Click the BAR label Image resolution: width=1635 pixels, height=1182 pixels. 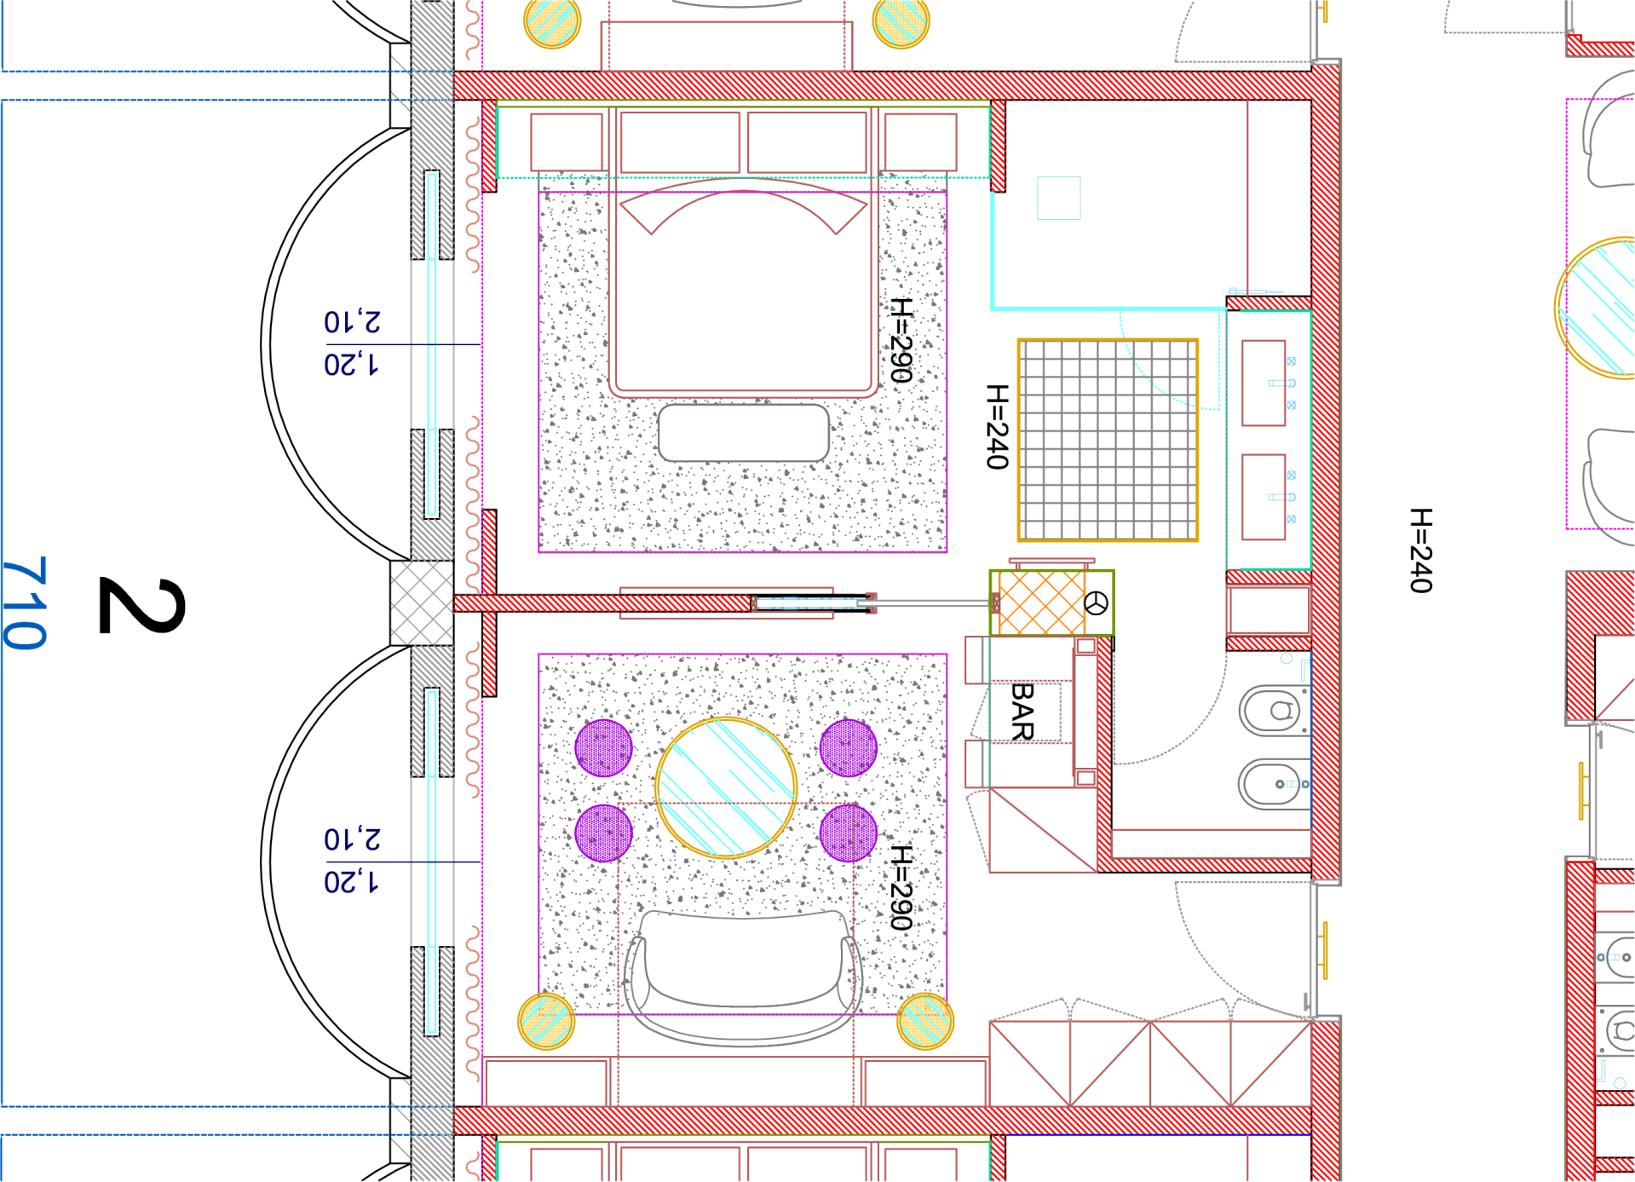click(x=1022, y=711)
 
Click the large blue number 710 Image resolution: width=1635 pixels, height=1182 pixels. click(x=25, y=603)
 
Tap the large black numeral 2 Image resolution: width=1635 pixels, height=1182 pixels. click(x=141, y=605)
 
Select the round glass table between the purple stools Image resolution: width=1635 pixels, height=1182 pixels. click(x=726, y=787)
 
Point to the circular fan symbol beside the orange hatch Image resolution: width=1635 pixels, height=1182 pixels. click(x=1097, y=603)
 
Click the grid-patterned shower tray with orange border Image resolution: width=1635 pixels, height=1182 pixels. click(x=1108, y=440)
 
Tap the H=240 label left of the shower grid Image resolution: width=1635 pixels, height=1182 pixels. click(x=997, y=426)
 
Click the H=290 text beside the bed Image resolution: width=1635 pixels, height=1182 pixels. click(x=901, y=340)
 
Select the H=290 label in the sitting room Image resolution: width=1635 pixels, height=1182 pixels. click(x=901, y=887)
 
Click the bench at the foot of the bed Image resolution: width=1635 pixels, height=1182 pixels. click(x=744, y=433)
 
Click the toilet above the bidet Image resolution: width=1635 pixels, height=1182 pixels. click(x=1274, y=710)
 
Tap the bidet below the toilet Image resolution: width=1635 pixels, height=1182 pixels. click(x=1274, y=784)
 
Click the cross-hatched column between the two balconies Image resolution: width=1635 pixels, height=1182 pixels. click(x=422, y=603)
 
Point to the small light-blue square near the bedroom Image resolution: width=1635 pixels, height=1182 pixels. click(x=1059, y=198)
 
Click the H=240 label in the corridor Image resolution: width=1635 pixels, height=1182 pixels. click(x=1420, y=550)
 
